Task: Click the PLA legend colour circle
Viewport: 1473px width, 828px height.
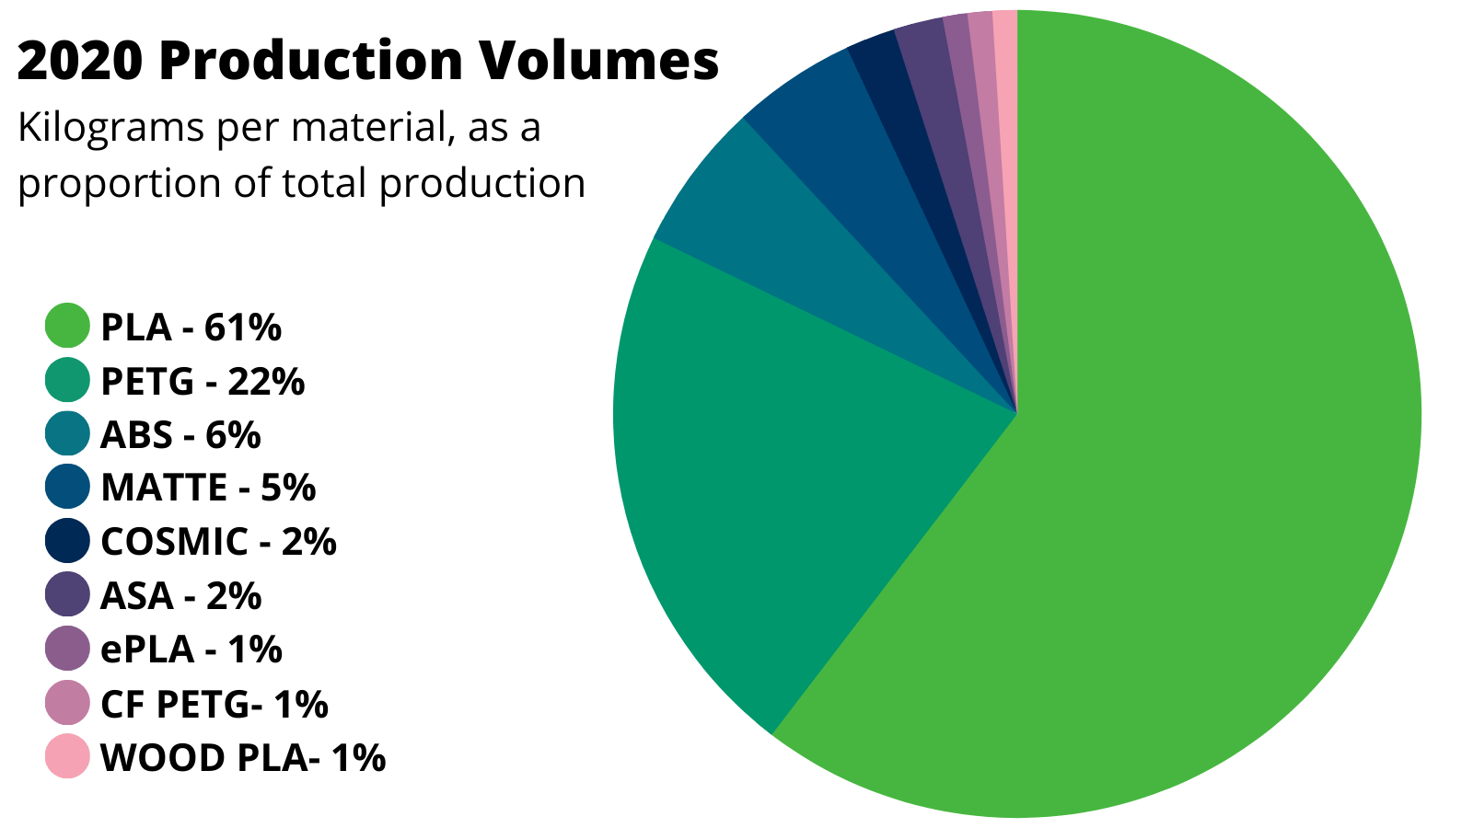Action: [x=67, y=326]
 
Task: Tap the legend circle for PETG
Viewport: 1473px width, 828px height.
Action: [x=67, y=380]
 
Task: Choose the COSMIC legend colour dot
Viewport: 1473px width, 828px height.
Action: [x=67, y=541]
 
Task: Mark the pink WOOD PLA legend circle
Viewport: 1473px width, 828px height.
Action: [x=67, y=756]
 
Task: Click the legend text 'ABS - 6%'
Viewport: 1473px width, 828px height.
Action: [x=180, y=434]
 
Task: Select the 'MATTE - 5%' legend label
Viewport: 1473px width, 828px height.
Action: [x=208, y=488]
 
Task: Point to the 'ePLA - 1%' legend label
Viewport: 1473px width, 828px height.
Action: [x=191, y=650]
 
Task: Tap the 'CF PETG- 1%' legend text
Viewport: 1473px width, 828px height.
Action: [x=214, y=704]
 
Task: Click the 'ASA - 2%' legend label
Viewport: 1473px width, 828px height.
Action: [x=181, y=596]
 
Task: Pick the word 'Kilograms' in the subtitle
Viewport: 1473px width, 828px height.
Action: [x=110, y=128]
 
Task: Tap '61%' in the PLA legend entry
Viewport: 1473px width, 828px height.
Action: [x=243, y=327]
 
